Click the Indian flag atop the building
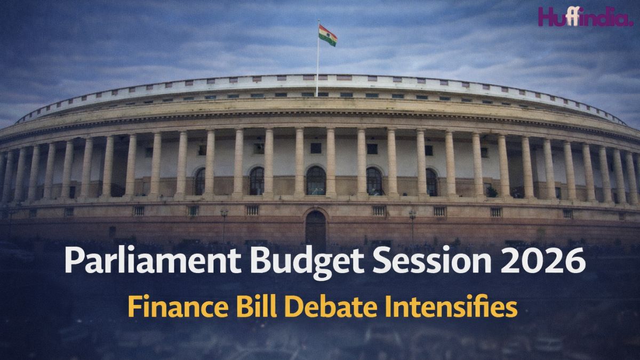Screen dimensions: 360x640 click(327, 35)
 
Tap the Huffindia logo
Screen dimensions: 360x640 click(585, 17)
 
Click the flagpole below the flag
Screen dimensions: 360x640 click(317, 69)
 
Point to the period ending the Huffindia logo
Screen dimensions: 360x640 click(630, 23)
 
